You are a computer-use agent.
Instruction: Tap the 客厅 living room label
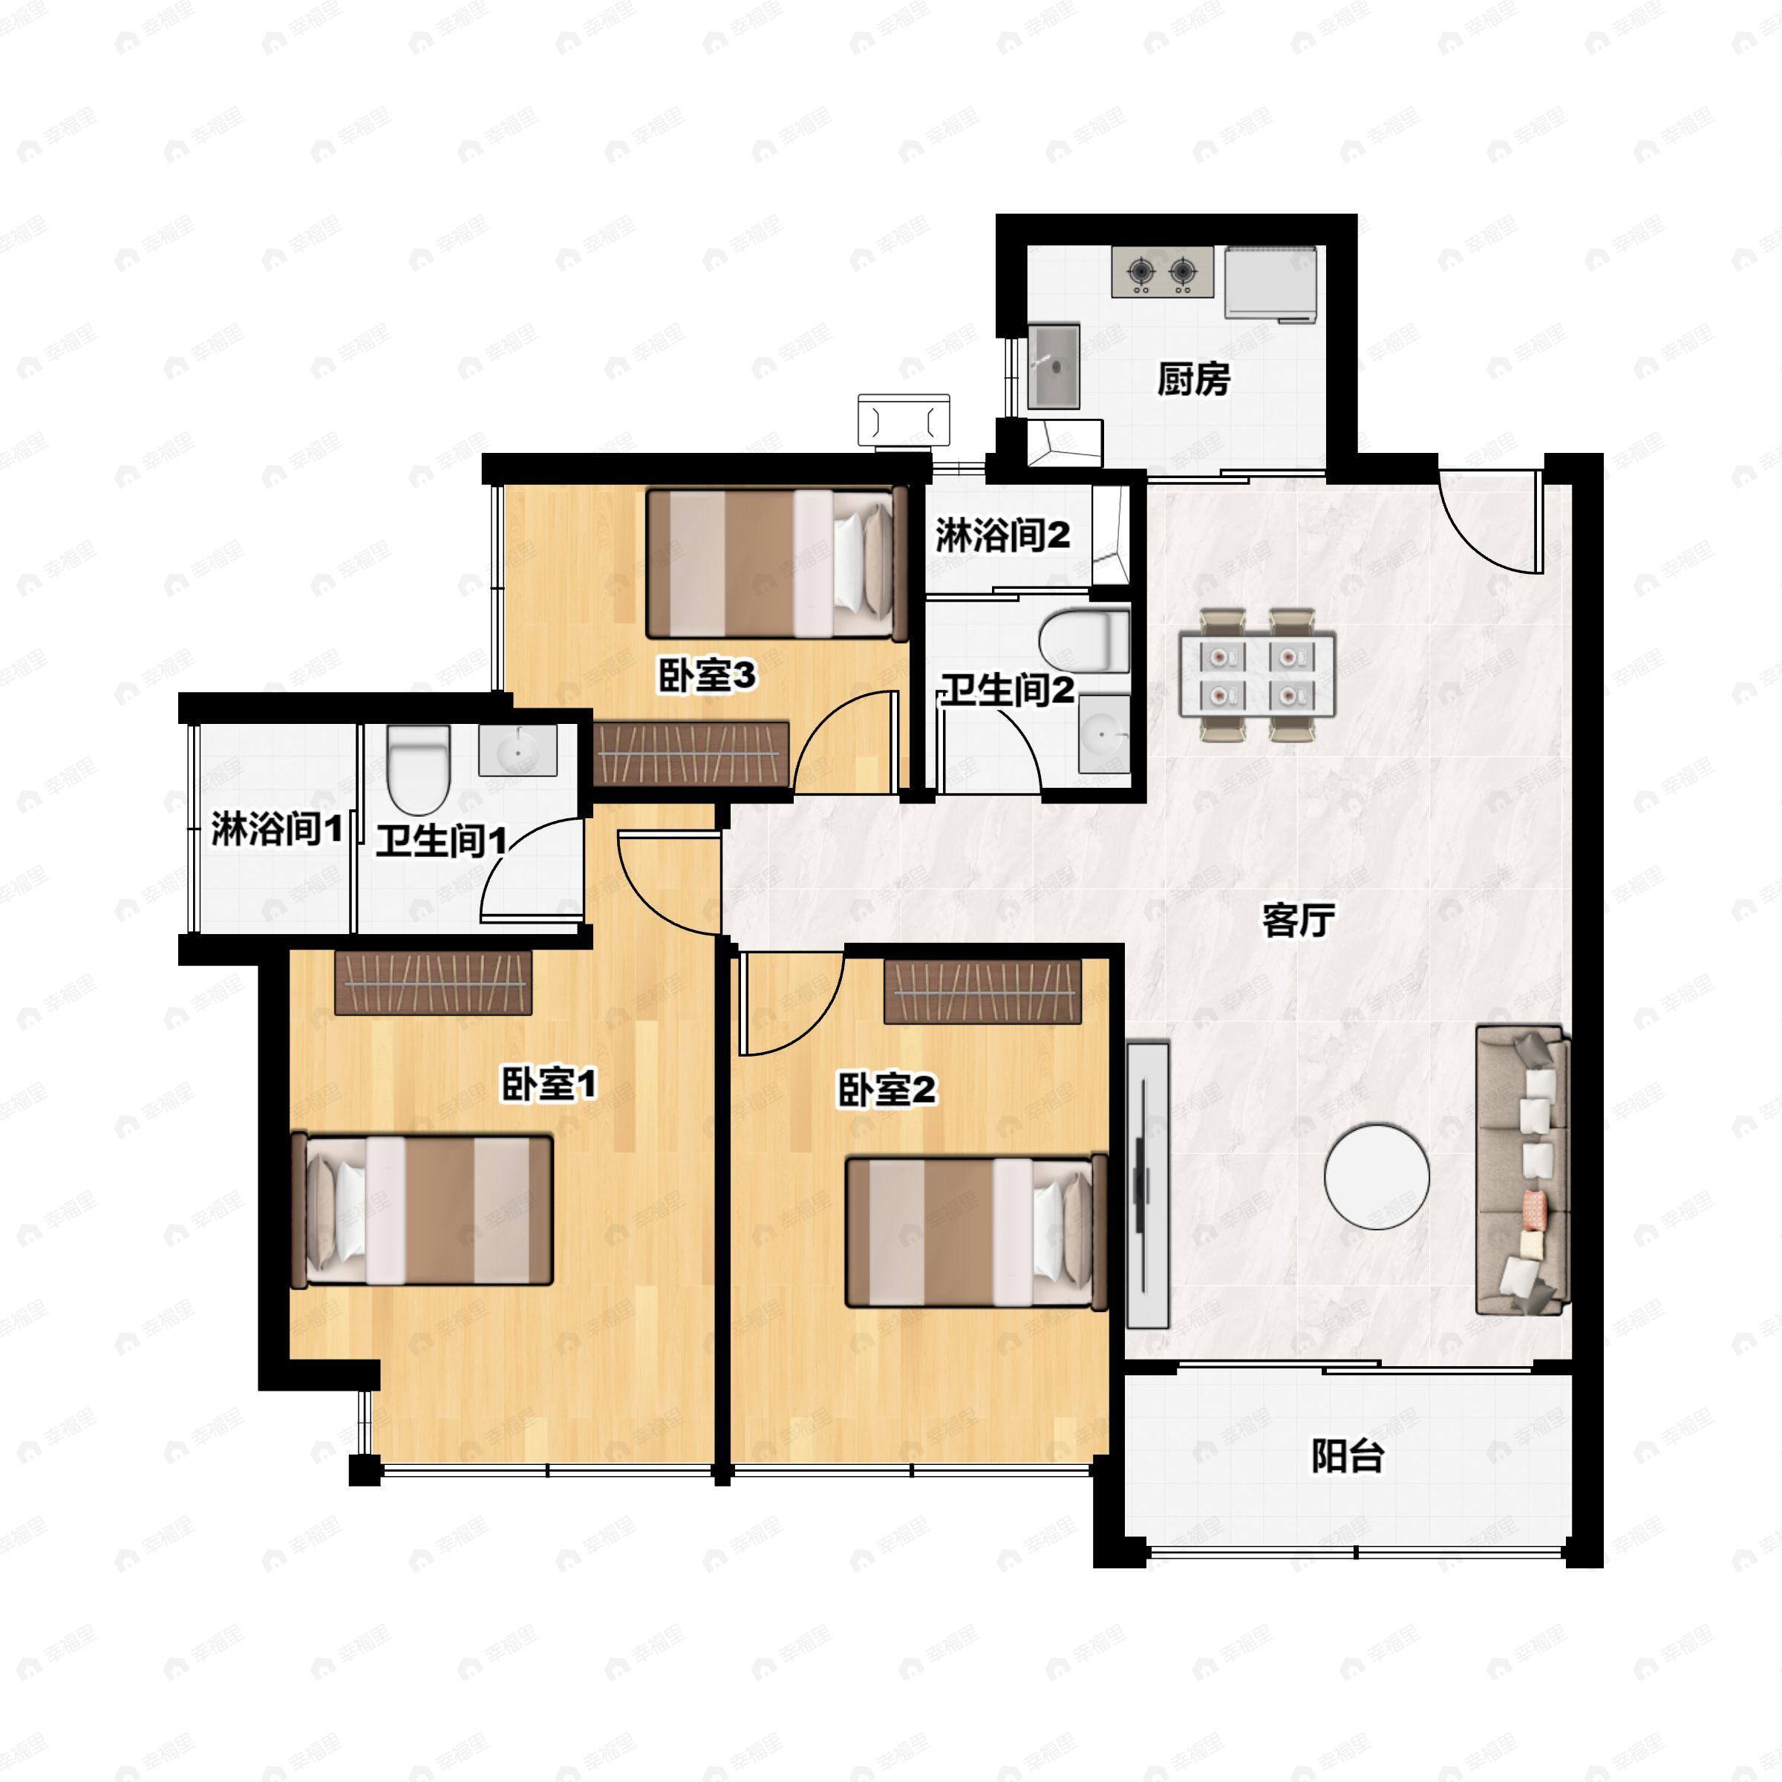(x=1298, y=920)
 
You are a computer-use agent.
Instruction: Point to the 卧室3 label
(x=707, y=675)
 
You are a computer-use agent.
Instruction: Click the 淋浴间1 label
(x=277, y=829)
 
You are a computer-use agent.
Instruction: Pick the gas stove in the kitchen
(x=1162, y=271)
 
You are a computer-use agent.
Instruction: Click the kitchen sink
(x=1054, y=366)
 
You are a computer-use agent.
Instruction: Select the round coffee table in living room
(x=1376, y=1176)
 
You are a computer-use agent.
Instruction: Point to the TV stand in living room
(x=1147, y=1185)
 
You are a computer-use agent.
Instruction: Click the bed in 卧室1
(x=422, y=1210)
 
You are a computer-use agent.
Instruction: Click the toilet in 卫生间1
(x=418, y=769)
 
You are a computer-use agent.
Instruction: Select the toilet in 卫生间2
(x=1084, y=640)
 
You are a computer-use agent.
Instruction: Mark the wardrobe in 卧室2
(x=982, y=991)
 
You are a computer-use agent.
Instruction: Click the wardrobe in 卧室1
(x=433, y=983)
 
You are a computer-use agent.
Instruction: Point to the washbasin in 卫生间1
(x=518, y=751)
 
